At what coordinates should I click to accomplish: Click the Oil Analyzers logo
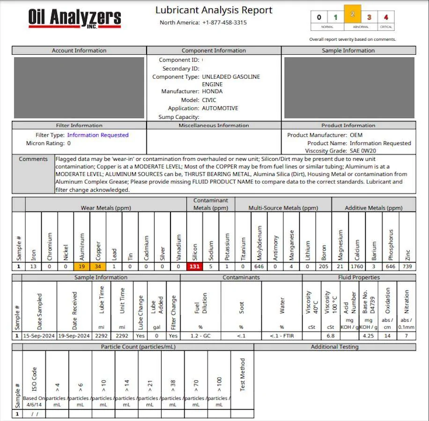click(75, 18)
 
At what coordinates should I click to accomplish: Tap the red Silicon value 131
click(194, 267)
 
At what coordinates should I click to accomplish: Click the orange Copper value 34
click(98, 267)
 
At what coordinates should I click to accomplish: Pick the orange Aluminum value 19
click(81, 267)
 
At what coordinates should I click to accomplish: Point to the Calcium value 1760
click(357, 267)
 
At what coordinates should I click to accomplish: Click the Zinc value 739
click(407, 267)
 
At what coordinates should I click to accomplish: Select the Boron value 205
click(324, 267)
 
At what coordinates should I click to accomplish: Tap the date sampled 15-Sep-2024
click(39, 336)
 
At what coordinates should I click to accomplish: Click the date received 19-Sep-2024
click(74, 336)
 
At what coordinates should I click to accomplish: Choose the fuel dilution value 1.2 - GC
click(200, 336)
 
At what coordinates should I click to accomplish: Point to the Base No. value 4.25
click(368, 336)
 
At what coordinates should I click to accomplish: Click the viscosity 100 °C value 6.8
click(330, 336)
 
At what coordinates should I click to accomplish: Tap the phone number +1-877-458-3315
click(224, 22)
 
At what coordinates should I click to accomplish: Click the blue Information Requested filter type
click(97, 135)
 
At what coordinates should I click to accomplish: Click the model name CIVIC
click(209, 100)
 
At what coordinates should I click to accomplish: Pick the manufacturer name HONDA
click(212, 92)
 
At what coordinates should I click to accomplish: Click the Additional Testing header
click(334, 347)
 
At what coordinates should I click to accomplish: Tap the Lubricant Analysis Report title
click(214, 10)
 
